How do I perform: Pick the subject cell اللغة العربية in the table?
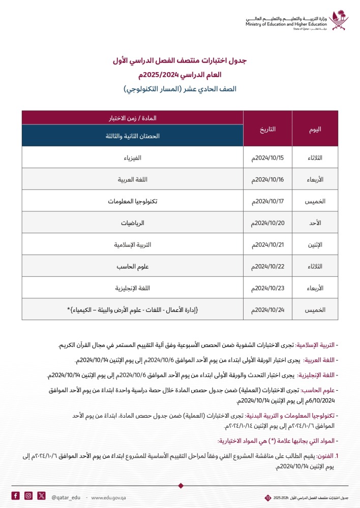click(x=133, y=180)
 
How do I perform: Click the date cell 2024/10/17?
click(x=268, y=201)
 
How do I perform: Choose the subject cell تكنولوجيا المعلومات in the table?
click(x=133, y=201)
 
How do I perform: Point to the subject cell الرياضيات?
click(x=133, y=223)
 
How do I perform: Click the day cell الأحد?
click(x=315, y=223)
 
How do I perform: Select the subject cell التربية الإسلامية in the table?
click(x=133, y=244)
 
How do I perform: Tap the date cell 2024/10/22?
click(x=268, y=266)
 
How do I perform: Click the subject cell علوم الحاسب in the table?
click(x=133, y=266)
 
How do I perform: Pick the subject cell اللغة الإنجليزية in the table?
click(x=133, y=288)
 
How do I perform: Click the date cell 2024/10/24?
click(x=268, y=309)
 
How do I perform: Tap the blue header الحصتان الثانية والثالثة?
click(x=133, y=136)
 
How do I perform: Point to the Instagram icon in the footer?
click(x=28, y=495)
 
